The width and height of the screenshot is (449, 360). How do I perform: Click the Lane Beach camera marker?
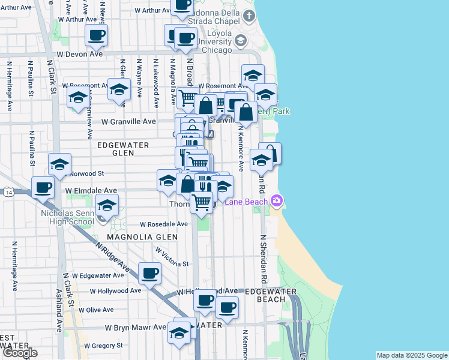coord(276,201)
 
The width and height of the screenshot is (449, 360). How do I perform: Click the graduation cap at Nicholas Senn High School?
coord(107,206)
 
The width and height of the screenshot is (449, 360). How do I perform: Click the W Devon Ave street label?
coord(79,54)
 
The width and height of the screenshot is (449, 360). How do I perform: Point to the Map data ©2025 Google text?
coord(411,355)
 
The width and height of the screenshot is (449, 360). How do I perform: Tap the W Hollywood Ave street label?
coord(115,290)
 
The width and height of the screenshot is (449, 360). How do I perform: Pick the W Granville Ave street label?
coord(128,121)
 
